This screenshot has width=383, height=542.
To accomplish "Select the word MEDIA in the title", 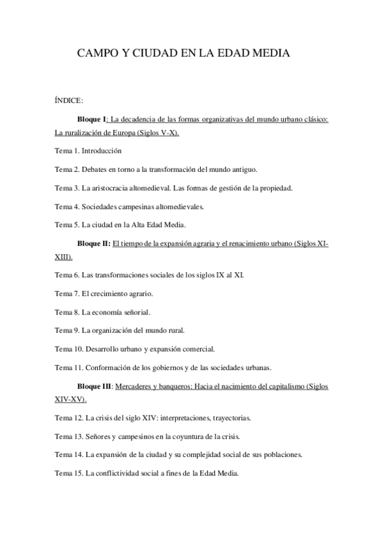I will coord(270,55).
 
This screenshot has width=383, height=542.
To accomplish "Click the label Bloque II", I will coord(93,244).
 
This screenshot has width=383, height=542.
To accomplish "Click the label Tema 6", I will coord(66,275).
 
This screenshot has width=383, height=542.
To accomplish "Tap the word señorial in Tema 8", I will coord(134,312).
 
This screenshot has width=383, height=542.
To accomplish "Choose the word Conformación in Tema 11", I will coord(111,368).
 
